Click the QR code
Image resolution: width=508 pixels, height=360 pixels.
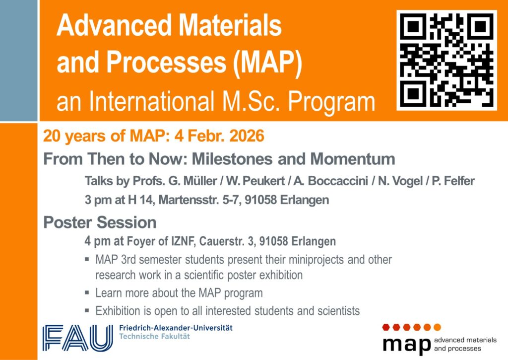point(447,60)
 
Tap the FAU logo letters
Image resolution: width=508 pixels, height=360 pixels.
point(78,338)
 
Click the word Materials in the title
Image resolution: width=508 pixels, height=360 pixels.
point(230,25)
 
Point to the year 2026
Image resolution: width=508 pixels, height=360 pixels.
point(247,136)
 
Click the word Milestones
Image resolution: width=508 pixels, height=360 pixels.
point(233,159)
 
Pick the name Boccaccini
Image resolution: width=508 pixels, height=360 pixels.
point(338,181)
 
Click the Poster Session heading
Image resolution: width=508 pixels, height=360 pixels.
point(100,222)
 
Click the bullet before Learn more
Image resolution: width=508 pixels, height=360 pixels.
point(87,292)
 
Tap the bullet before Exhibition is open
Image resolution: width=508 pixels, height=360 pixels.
point(87,310)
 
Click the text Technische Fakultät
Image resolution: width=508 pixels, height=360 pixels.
point(155,336)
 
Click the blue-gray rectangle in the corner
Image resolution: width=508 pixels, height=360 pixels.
point(19,60)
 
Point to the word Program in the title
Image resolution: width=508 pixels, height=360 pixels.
point(331,102)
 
